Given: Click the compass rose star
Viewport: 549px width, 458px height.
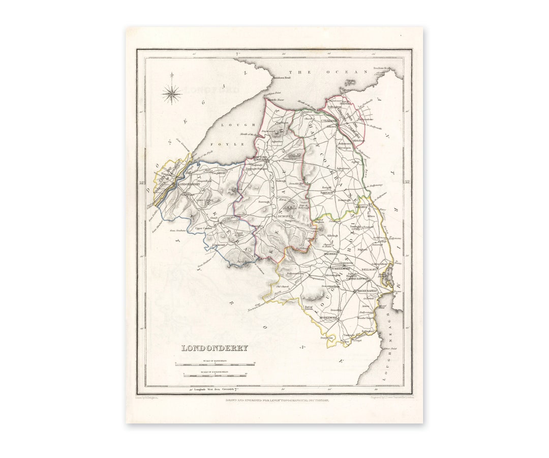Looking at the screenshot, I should point(171,93).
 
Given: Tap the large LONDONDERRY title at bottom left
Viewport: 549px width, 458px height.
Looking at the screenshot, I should point(215,348).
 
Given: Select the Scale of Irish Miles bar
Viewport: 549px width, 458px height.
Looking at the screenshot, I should point(215,364).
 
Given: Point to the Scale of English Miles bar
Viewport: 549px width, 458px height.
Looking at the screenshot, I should point(215,376).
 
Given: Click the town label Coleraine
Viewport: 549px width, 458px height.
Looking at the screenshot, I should point(330,121).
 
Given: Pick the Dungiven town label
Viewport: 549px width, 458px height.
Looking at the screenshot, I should point(285,216).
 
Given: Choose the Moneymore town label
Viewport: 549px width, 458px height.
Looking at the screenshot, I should point(328,317).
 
